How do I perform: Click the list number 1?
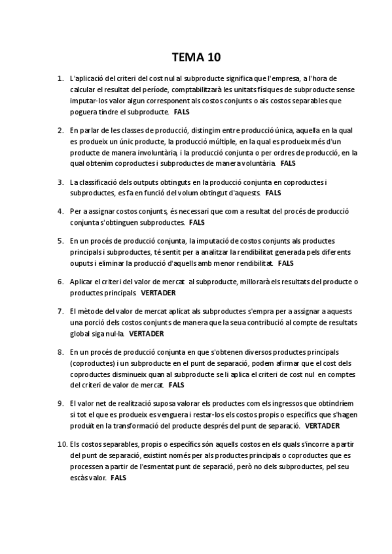point(60,78)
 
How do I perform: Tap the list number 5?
point(60,240)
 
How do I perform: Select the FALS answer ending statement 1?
point(182,112)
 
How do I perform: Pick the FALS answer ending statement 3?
point(273,193)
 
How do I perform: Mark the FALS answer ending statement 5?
point(286,263)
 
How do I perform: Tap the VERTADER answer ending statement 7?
point(146,333)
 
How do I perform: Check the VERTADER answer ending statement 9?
point(322,426)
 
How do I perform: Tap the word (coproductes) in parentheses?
point(90,363)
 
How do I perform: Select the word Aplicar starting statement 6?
point(81,282)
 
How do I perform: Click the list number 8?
point(60,352)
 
